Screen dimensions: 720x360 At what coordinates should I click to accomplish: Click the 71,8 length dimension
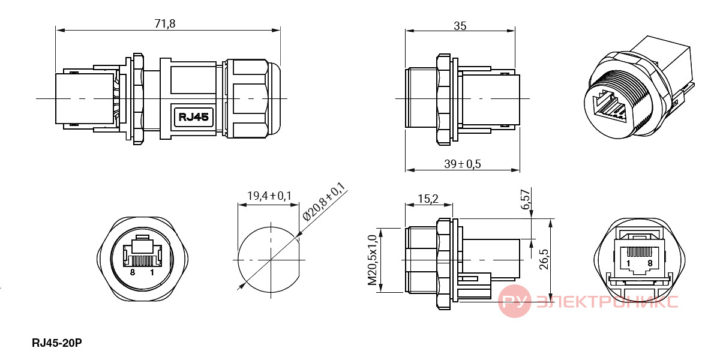165,24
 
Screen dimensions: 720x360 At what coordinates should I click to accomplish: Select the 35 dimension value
460,26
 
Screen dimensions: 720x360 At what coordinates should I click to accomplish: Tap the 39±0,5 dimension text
463,164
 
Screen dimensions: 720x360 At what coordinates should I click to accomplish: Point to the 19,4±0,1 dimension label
269,196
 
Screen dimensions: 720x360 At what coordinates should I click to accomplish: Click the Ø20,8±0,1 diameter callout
324,202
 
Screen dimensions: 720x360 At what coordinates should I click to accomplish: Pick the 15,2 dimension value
428,199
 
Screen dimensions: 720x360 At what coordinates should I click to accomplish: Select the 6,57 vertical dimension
525,200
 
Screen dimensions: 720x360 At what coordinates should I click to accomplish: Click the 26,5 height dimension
544,259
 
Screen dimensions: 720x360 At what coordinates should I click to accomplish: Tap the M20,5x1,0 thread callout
372,260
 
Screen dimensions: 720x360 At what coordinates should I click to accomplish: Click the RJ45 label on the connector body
193,116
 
